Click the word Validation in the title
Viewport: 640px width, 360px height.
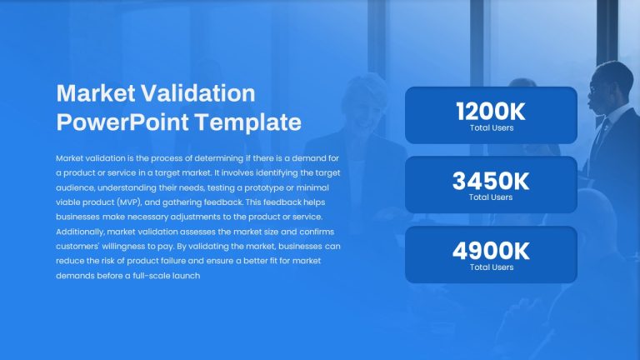click(198, 93)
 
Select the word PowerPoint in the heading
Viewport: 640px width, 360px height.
click(122, 122)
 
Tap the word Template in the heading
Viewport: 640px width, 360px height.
click(247, 122)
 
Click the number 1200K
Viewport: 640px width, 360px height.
click(491, 112)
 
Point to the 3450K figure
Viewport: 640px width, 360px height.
click(491, 181)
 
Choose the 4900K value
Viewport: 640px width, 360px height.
click(491, 251)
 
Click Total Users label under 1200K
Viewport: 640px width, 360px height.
click(492, 127)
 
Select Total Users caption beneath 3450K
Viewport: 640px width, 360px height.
click(491, 197)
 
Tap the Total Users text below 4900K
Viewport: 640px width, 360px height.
click(492, 267)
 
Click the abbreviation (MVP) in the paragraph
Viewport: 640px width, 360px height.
click(129, 202)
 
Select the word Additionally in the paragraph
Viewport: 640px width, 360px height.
click(80, 232)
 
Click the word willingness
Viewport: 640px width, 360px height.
click(123, 247)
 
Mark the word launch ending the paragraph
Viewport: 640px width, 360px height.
click(186, 276)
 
